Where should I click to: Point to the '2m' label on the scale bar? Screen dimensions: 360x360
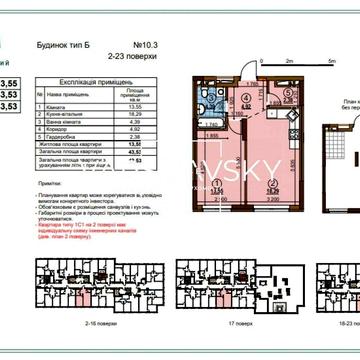(x=289, y=61)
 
